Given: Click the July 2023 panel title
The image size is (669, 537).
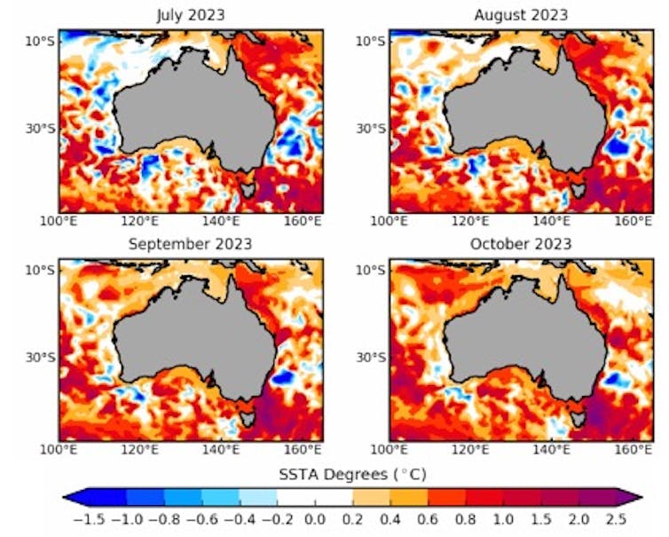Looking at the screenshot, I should click(x=191, y=15).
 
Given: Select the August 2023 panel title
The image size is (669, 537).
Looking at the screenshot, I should click(x=521, y=15).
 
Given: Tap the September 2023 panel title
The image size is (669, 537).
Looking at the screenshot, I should click(x=191, y=244).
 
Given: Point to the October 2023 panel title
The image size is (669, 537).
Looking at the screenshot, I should click(x=521, y=244).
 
